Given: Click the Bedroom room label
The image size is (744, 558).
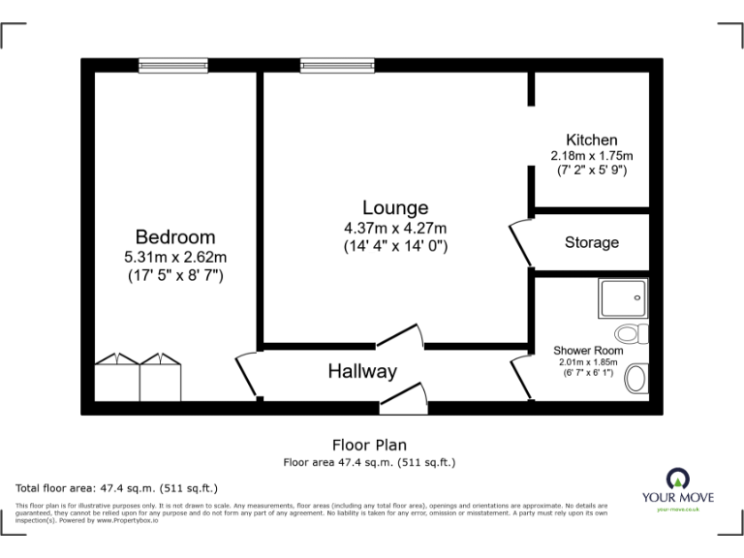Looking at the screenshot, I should point(175,236).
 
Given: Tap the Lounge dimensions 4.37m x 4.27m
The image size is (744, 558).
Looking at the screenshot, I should point(395,228).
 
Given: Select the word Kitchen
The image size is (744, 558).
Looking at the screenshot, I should point(591,139).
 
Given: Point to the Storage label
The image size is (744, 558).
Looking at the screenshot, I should point(591,242).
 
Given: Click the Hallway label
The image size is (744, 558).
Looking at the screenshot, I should point(361,371).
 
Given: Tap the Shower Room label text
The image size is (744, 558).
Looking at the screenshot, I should point(587,350).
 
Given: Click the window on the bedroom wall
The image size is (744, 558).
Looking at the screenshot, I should point(172,66).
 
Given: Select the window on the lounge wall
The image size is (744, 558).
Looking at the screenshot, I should point(330,66).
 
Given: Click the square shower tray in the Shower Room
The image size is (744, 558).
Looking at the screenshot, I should point(623,299).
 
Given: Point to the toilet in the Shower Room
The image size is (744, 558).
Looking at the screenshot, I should point(631,334).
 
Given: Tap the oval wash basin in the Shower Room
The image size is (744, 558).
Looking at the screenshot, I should point(637,378).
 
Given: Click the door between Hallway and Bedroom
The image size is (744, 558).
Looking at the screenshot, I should point(246,375).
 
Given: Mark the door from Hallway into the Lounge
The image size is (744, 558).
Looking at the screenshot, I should point(399,336).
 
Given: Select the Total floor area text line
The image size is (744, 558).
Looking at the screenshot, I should point(116,487).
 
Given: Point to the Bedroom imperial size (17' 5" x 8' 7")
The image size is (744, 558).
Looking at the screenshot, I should point(175,275).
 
